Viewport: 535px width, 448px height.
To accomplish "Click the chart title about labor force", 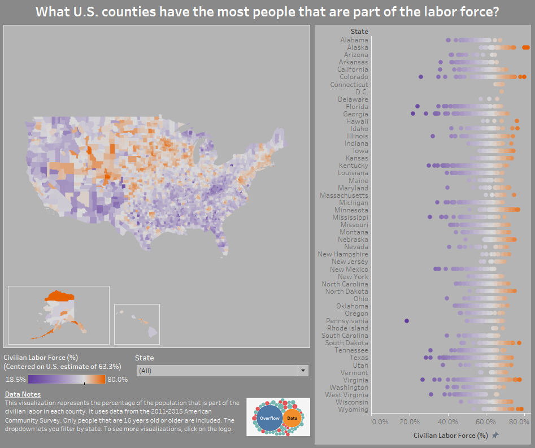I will click(267, 12).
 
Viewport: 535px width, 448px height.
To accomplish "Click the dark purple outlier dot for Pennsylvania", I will click(406, 321).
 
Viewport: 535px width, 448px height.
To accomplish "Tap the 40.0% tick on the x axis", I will click(447, 421).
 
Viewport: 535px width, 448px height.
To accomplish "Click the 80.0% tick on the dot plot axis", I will click(515, 421).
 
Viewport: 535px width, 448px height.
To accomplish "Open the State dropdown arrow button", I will click(303, 371).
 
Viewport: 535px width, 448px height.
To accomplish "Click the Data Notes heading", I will click(23, 394).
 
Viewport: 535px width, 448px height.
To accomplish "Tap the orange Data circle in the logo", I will click(292, 418).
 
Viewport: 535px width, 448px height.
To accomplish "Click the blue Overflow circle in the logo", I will click(270, 418).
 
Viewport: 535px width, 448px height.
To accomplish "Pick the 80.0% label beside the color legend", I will click(118, 380).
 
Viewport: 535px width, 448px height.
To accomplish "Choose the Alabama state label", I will click(354, 40).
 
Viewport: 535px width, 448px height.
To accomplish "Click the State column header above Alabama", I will click(359, 32).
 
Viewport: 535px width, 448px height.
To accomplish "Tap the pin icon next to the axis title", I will click(495, 436).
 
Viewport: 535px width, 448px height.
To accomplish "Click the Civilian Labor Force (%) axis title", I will click(450, 436).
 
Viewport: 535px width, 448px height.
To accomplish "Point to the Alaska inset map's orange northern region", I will click(59, 295).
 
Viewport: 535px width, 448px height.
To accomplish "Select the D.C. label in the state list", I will click(362, 92).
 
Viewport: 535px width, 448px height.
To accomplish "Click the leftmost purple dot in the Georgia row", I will click(413, 114).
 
